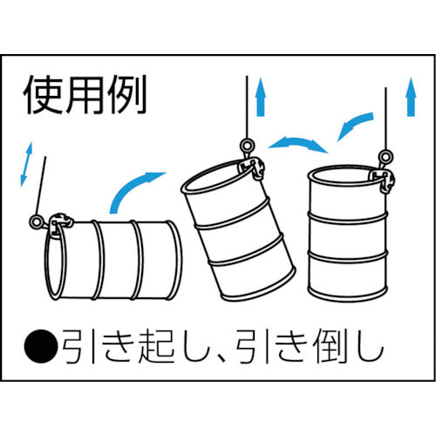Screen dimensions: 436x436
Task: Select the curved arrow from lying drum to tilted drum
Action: point(133,187)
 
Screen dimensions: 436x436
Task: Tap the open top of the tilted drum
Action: point(218,181)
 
